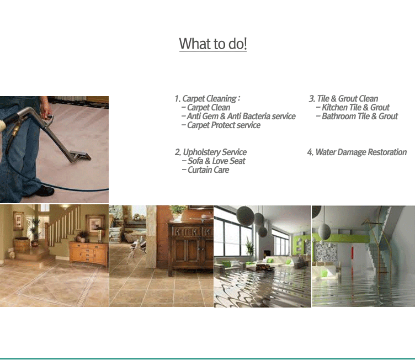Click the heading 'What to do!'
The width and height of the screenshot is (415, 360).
coord(213,44)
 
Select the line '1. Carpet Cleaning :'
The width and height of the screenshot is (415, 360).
coord(208,98)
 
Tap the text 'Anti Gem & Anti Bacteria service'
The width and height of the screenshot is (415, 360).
coord(241,117)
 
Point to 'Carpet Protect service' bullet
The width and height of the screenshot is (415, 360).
coord(224,125)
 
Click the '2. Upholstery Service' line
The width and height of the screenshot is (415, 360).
coord(211,152)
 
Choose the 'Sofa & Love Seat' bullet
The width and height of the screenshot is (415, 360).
coord(216,161)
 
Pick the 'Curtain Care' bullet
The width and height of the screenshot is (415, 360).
coord(208,170)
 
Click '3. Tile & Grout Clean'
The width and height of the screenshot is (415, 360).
coord(343,98)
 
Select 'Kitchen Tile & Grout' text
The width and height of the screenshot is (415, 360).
coord(355,107)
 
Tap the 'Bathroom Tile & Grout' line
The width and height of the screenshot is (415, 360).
coord(360,117)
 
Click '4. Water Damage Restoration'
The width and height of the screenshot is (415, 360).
coord(357,152)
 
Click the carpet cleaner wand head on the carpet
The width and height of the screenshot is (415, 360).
coord(80,156)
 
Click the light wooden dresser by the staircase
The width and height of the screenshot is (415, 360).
coord(89,253)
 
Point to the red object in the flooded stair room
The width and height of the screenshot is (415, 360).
coord(352,256)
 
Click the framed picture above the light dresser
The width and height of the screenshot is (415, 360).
coord(94,225)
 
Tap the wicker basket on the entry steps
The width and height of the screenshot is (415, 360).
coord(22,245)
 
